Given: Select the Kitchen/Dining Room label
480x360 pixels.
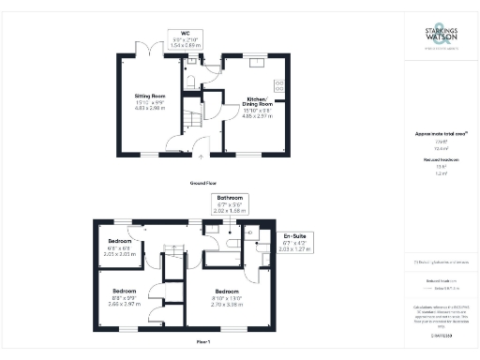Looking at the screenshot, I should tap(258, 105).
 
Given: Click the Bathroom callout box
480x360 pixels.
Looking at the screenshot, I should tap(231, 205).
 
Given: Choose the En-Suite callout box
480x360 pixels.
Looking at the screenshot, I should tap(292, 241).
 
